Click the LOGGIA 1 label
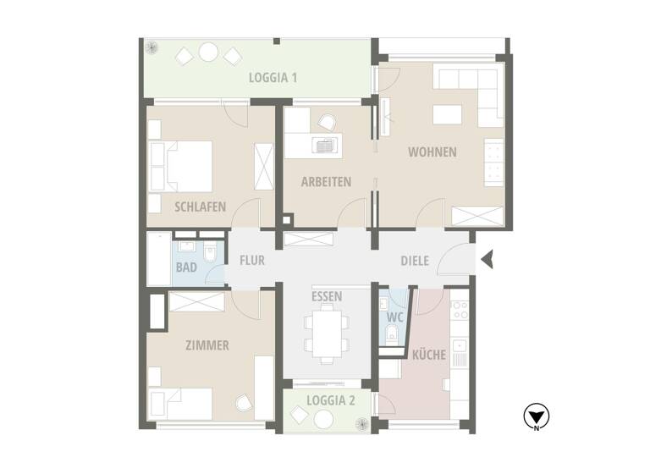point(273,77)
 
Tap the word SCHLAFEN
point(201,206)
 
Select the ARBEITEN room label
point(326,181)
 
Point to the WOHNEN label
point(432,152)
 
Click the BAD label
point(186,267)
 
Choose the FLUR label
point(252,261)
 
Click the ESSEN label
point(327,296)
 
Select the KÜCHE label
point(429,355)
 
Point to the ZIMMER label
point(207,344)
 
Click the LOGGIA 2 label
point(331,400)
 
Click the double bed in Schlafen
point(180,167)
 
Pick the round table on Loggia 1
point(208,54)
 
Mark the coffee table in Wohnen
point(449,114)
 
